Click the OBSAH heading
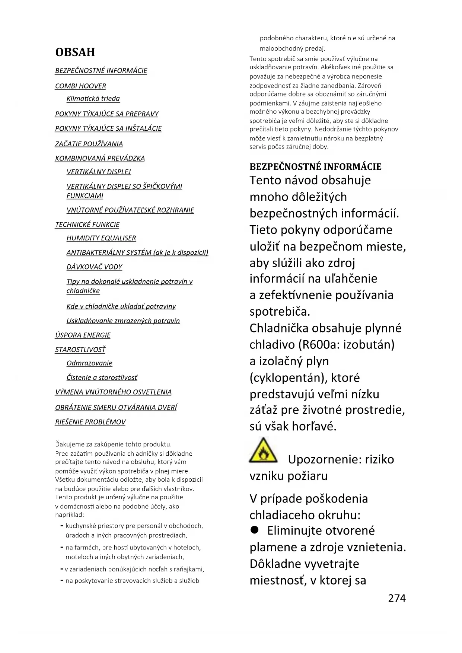[x=75, y=52]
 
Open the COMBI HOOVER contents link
[x=80, y=86]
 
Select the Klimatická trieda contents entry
[x=93, y=99]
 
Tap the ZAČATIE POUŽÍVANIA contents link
[x=89, y=144]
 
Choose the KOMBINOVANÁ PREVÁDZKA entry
[x=100, y=158]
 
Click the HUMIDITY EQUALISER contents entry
[x=101, y=238]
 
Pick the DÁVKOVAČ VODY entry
[x=94, y=267]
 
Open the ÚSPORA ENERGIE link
[x=83, y=335]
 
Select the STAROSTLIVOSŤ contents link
[x=80, y=350]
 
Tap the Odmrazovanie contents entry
[x=89, y=363]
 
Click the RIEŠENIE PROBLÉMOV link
[x=90, y=422]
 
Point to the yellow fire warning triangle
[x=263, y=451]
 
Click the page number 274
[x=396, y=598]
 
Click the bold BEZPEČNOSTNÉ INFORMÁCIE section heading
[x=315, y=166]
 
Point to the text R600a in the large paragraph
[x=319, y=344]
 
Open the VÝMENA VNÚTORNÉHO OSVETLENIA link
[x=113, y=392]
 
